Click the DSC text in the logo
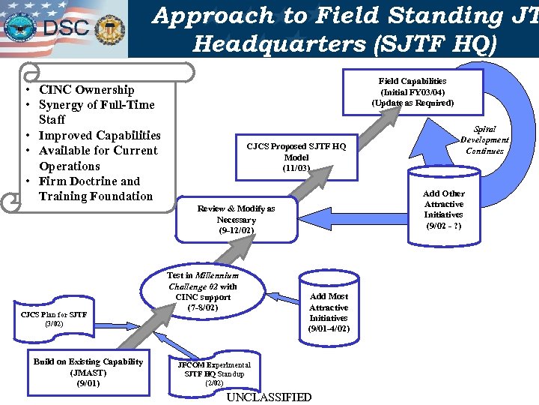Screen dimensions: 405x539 (x=67, y=28)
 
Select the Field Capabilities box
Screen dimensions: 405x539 (x=412, y=91)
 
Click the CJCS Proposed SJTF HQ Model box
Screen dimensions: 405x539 (x=296, y=157)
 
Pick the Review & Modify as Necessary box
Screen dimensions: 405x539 (x=236, y=220)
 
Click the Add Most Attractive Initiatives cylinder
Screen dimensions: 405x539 (x=329, y=307)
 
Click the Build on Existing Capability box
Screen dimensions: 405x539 (x=88, y=372)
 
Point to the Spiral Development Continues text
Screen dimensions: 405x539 (x=484, y=140)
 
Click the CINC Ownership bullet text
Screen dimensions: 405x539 (x=86, y=90)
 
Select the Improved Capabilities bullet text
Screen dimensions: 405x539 (x=99, y=136)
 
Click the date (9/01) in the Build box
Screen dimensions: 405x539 (x=88, y=383)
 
